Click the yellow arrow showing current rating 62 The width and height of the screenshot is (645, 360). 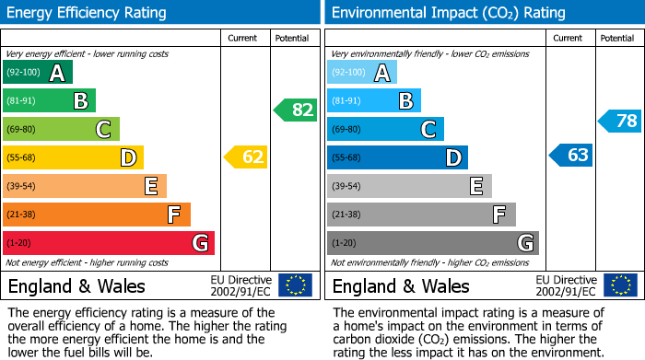click(246, 157)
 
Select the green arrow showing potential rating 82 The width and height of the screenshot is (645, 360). click(296, 110)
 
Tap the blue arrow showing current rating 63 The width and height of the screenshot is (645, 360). click(571, 156)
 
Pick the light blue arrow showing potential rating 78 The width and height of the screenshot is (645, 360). click(620, 121)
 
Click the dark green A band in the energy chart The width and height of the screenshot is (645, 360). click(38, 73)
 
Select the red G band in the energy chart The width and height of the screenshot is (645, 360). click(109, 243)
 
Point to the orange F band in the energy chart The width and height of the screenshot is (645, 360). click(97, 215)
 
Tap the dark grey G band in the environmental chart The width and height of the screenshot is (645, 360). click(432, 243)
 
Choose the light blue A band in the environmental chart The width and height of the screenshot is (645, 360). click(362, 73)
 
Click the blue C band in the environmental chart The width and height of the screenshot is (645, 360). click(385, 129)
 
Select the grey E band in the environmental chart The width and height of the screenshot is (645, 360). click(409, 186)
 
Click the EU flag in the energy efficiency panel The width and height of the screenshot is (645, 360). click(295, 285)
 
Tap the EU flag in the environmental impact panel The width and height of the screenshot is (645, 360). click(620, 285)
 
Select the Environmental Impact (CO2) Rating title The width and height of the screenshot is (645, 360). click(448, 13)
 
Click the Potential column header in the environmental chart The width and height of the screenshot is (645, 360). click(617, 38)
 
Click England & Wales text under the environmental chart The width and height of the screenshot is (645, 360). click(401, 285)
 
